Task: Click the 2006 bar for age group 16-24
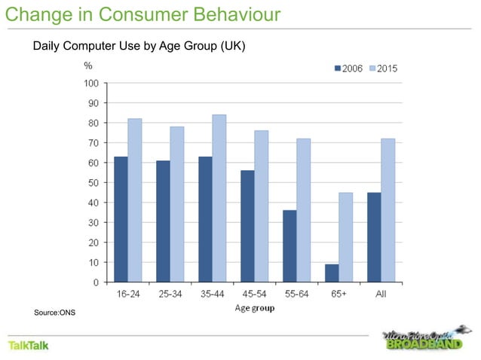coord(121,219)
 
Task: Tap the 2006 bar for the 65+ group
coord(332,273)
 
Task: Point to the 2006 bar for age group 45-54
coord(247,226)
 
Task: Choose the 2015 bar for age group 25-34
coord(177,204)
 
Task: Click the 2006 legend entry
coord(348,69)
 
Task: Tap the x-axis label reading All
coord(381,295)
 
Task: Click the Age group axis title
coord(256,307)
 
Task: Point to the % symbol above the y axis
coord(87,66)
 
